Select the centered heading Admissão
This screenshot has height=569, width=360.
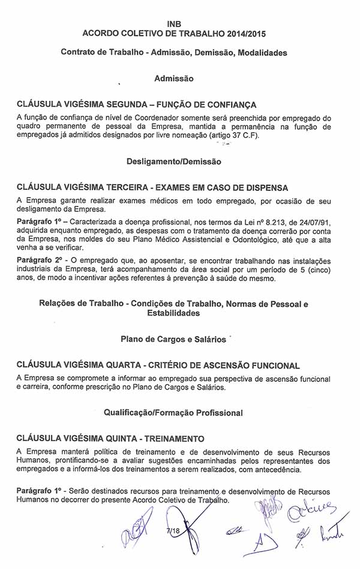click(x=174, y=78)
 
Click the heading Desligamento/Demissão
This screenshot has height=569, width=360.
click(x=174, y=161)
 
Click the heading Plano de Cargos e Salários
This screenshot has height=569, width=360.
click(x=173, y=339)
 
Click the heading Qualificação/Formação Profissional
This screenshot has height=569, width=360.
click(x=173, y=412)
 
